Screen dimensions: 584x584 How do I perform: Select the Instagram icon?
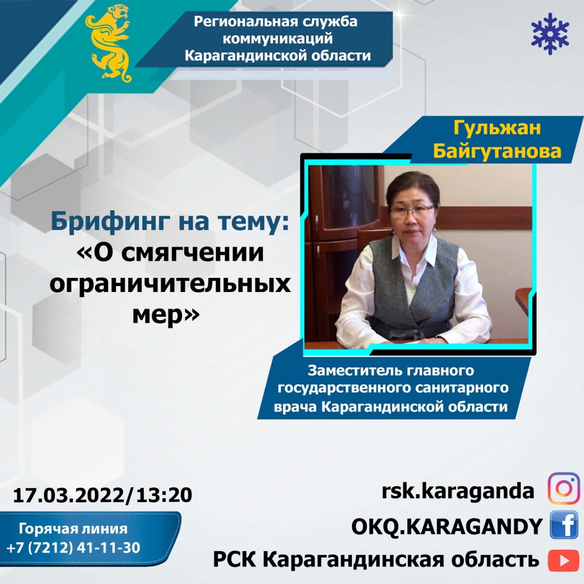point(563,488)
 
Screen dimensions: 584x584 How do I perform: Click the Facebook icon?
point(563,525)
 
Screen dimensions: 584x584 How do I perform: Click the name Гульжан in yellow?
point(497,128)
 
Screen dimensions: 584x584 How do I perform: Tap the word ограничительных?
point(170,285)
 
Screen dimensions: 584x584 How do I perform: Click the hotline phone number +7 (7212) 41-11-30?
point(73,547)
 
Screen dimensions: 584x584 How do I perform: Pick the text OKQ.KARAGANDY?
point(447,527)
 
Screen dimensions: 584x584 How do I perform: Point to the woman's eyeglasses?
point(412,210)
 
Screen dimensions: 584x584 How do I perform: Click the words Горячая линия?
point(73,528)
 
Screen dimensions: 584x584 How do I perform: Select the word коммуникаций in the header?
point(277,39)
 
